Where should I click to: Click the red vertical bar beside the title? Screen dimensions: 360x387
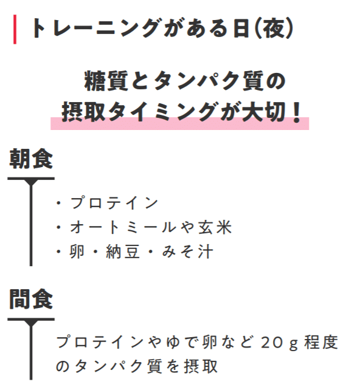[15, 29]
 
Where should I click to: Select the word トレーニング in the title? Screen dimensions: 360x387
[95, 28]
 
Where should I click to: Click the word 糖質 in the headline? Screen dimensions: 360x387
[106, 81]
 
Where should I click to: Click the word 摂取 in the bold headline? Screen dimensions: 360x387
[83, 112]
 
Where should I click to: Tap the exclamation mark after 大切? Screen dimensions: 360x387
[296, 112]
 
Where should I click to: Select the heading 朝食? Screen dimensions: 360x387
[31, 159]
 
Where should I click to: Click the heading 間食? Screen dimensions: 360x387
[31, 299]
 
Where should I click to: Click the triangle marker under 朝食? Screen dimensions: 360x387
[31, 182]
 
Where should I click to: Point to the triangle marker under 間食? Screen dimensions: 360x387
[31, 323]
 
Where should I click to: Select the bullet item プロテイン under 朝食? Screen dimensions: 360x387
[114, 203]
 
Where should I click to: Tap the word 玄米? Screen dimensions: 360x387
[215, 227]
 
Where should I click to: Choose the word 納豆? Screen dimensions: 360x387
[123, 252]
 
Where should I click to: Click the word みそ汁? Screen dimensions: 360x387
[187, 252]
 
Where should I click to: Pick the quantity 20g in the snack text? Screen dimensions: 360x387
[279, 343]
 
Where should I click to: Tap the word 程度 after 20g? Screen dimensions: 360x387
[321, 342]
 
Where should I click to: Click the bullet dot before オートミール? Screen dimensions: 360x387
[58, 227]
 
